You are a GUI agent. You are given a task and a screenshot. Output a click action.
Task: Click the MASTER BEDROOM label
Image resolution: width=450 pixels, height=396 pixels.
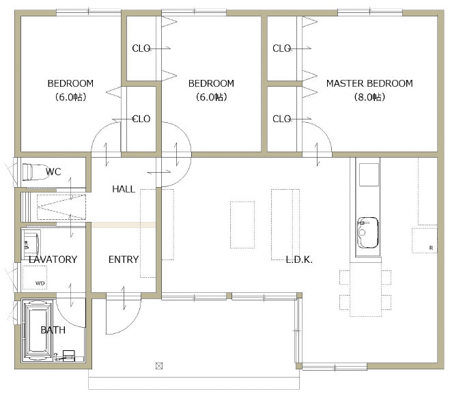click(x=369, y=83)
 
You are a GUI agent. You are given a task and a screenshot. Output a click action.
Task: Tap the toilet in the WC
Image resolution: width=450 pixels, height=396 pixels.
click(x=34, y=172)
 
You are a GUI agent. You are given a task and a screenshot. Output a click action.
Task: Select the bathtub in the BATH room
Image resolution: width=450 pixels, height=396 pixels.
click(x=37, y=330)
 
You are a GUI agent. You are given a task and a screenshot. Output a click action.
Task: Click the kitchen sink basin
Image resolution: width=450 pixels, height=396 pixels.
click(x=367, y=232)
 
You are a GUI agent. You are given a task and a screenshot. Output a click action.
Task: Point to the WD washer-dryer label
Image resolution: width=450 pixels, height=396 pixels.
click(x=40, y=283)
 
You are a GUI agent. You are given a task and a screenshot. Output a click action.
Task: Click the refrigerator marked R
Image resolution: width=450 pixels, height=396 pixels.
click(x=425, y=240)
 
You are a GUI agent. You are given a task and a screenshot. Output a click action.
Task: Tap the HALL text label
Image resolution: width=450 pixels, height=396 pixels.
click(x=124, y=189)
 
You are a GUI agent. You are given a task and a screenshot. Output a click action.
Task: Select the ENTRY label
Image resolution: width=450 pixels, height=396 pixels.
click(x=124, y=259)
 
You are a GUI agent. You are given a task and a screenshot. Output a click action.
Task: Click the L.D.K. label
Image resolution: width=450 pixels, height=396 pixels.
click(x=299, y=259)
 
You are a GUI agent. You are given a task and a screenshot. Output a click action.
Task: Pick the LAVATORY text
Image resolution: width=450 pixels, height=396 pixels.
click(x=53, y=259)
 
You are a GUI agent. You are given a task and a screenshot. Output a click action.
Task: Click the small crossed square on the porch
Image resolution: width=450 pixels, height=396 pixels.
click(x=159, y=366)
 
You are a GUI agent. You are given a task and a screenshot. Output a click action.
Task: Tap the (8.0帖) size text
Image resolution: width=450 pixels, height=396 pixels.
click(x=369, y=97)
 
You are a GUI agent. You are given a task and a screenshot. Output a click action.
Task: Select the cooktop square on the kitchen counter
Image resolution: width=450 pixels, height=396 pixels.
click(x=369, y=175)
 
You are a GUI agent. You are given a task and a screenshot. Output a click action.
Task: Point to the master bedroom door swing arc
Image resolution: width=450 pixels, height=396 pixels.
click(x=324, y=131)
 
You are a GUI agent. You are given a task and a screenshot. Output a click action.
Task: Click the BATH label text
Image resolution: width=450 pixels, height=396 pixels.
click(x=53, y=330)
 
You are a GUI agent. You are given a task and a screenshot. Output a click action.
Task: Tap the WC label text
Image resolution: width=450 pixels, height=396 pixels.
click(x=53, y=172)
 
